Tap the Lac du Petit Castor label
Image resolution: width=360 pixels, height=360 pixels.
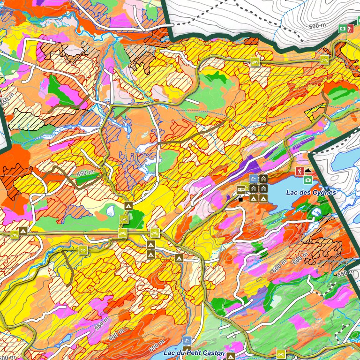194,352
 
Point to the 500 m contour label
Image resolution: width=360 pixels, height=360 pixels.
319,25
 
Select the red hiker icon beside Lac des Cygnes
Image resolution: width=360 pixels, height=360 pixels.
299,172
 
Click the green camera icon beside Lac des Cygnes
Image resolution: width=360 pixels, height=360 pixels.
308,180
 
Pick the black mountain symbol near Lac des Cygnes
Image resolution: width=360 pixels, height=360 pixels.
308,171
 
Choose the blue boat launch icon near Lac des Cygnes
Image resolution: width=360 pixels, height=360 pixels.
254,179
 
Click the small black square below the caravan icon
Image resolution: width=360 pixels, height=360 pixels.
240,199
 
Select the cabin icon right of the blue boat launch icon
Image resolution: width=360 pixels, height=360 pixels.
263,179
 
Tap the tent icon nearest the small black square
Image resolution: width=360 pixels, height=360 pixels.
254,199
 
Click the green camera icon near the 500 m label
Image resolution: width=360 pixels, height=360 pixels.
343,29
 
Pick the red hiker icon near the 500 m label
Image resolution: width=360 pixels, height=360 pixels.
351,29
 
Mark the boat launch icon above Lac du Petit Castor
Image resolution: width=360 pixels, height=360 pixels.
187,340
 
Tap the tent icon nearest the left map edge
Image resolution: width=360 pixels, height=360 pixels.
23,231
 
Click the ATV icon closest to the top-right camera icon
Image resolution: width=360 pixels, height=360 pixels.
324,60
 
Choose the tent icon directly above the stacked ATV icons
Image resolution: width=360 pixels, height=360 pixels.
128,206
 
